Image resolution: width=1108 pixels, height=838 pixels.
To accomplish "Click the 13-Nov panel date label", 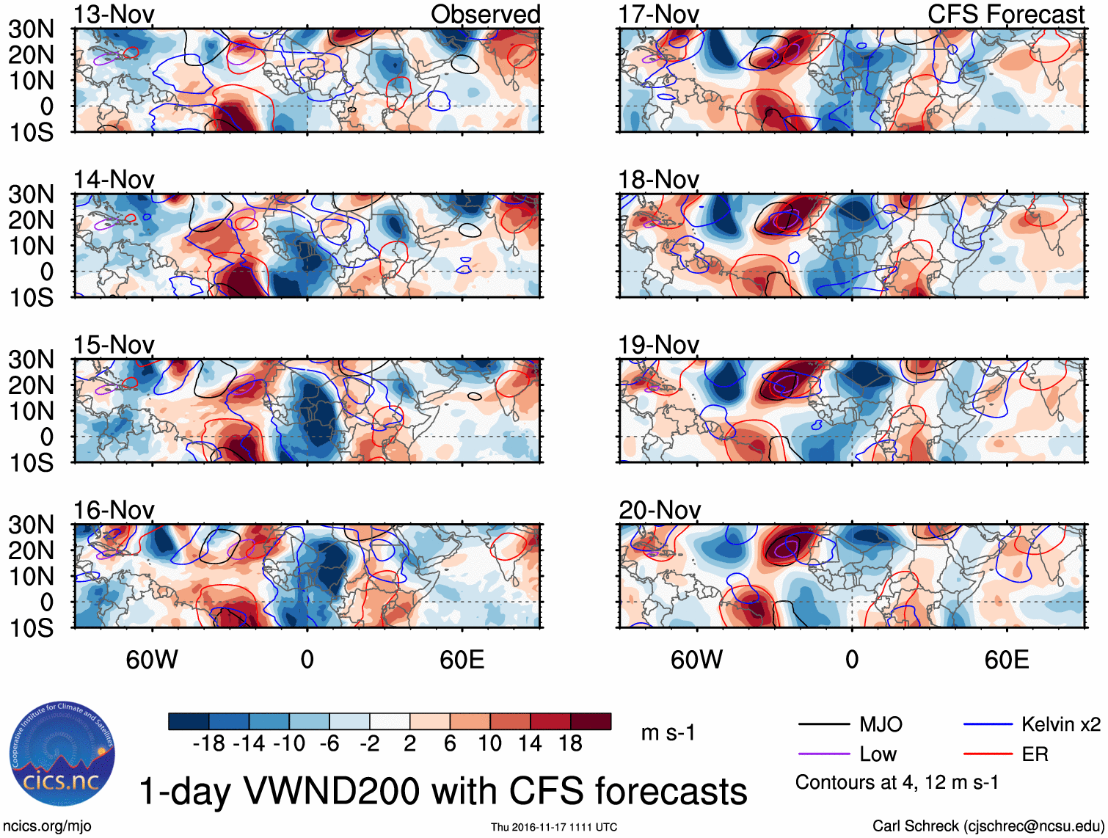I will click(114, 14).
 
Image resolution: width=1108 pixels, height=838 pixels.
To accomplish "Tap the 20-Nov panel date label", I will click(659, 509).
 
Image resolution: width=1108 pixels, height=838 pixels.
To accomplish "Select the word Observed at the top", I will click(485, 14).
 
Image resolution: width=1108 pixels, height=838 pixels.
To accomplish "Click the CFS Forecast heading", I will click(1005, 14).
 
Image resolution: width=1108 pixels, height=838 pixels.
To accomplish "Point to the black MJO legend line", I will click(823, 725).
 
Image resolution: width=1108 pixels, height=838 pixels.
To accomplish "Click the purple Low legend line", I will click(823, 754).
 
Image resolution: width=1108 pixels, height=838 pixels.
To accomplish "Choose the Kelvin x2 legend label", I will click(1060, 725).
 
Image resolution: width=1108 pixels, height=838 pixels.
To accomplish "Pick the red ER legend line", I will click(987, 754).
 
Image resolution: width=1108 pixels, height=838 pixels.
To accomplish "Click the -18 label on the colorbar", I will click(209, 743).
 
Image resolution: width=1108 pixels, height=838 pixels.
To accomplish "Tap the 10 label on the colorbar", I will click(490, 743).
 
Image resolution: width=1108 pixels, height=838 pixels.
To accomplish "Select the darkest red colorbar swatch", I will click(591, 721).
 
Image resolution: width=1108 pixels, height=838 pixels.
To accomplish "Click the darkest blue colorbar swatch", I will click(189, 721).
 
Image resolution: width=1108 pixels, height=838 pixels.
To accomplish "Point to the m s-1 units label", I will click(668, 732).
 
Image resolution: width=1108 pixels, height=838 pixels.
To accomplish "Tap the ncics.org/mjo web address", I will click(47, 826).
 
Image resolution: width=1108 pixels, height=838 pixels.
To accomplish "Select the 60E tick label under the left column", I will click(462, 660).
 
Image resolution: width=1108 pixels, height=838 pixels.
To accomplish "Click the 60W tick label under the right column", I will click(696, 660).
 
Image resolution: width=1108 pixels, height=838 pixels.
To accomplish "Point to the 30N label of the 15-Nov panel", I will click(31, 360).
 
